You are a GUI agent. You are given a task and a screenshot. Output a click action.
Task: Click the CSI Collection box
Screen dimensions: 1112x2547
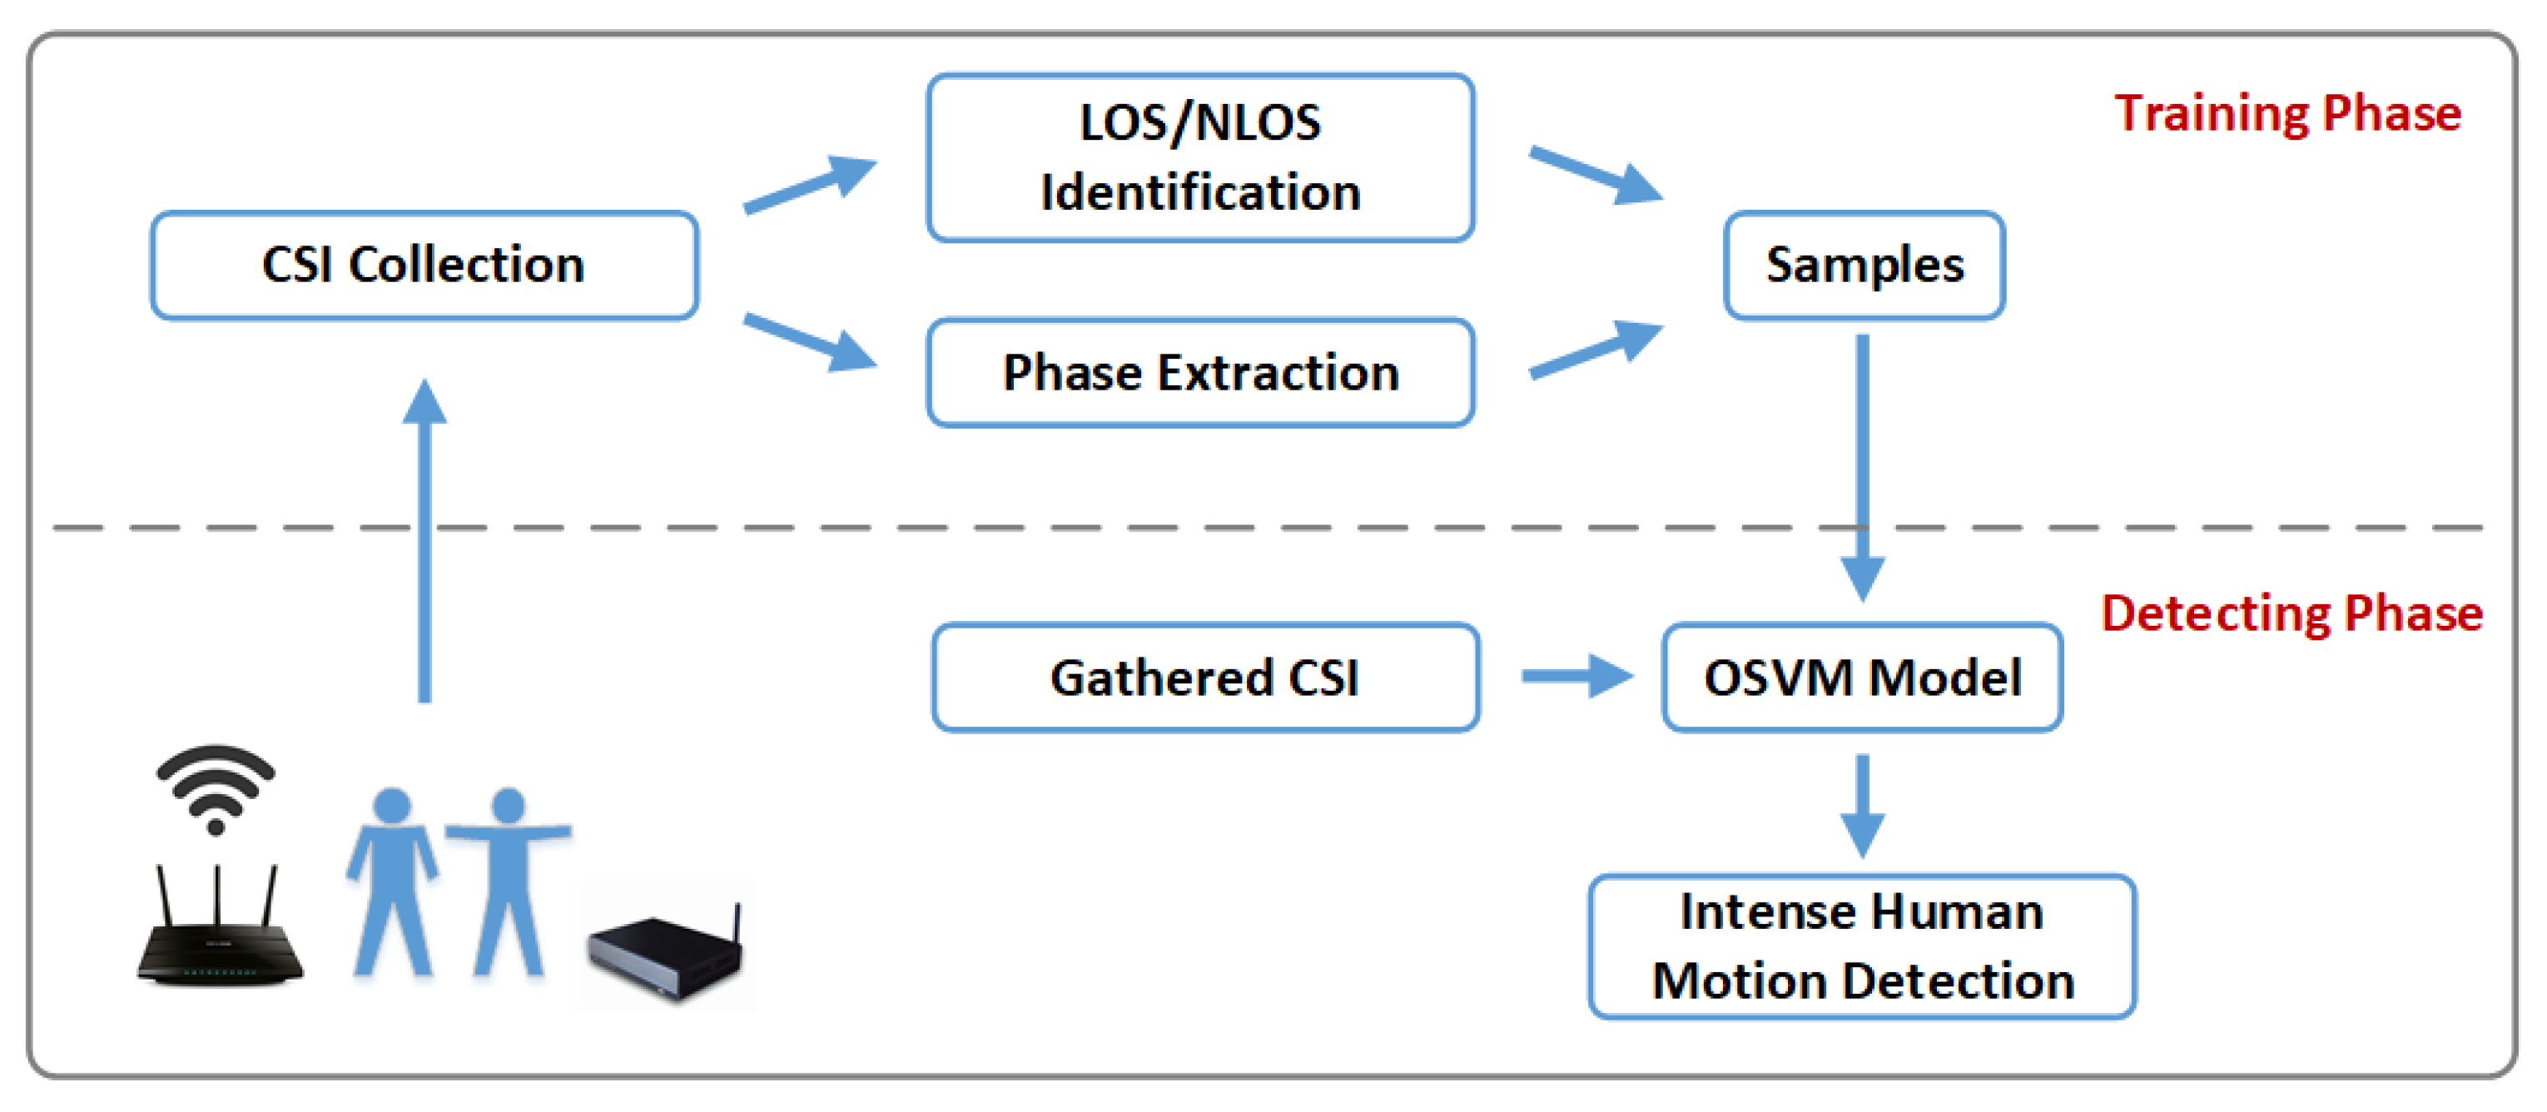(x=424, y=265)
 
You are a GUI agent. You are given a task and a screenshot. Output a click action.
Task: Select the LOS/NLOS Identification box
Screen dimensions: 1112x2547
(x=1199, y=158)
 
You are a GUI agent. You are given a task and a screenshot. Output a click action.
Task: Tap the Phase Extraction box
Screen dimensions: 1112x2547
(x=1199, y=373)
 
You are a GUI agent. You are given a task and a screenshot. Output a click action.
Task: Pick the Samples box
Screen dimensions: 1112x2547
(x=1864, y=265)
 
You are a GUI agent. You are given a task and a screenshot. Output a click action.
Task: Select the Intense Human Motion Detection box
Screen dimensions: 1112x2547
(x=1862, y=946)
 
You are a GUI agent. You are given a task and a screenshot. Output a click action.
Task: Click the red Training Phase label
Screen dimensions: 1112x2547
(x=2287, y=112)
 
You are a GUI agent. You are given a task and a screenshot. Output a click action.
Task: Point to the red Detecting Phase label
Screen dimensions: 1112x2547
(x=2291, y=613)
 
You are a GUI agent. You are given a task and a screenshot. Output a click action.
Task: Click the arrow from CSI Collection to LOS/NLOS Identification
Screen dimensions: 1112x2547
(x=809, y=184)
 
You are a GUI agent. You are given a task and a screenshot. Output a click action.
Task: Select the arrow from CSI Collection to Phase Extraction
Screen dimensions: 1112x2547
(x=809, y=342)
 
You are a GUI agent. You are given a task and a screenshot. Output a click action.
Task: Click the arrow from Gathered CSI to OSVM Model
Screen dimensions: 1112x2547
(x=1576, y=676)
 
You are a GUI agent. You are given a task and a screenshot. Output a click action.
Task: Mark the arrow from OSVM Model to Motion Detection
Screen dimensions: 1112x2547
(x=1862, y=805)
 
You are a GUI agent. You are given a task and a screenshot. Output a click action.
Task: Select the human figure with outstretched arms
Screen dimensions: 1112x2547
(x=509, y=880)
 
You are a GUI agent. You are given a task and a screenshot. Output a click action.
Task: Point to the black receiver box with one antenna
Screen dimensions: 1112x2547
(x=665, y=954)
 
